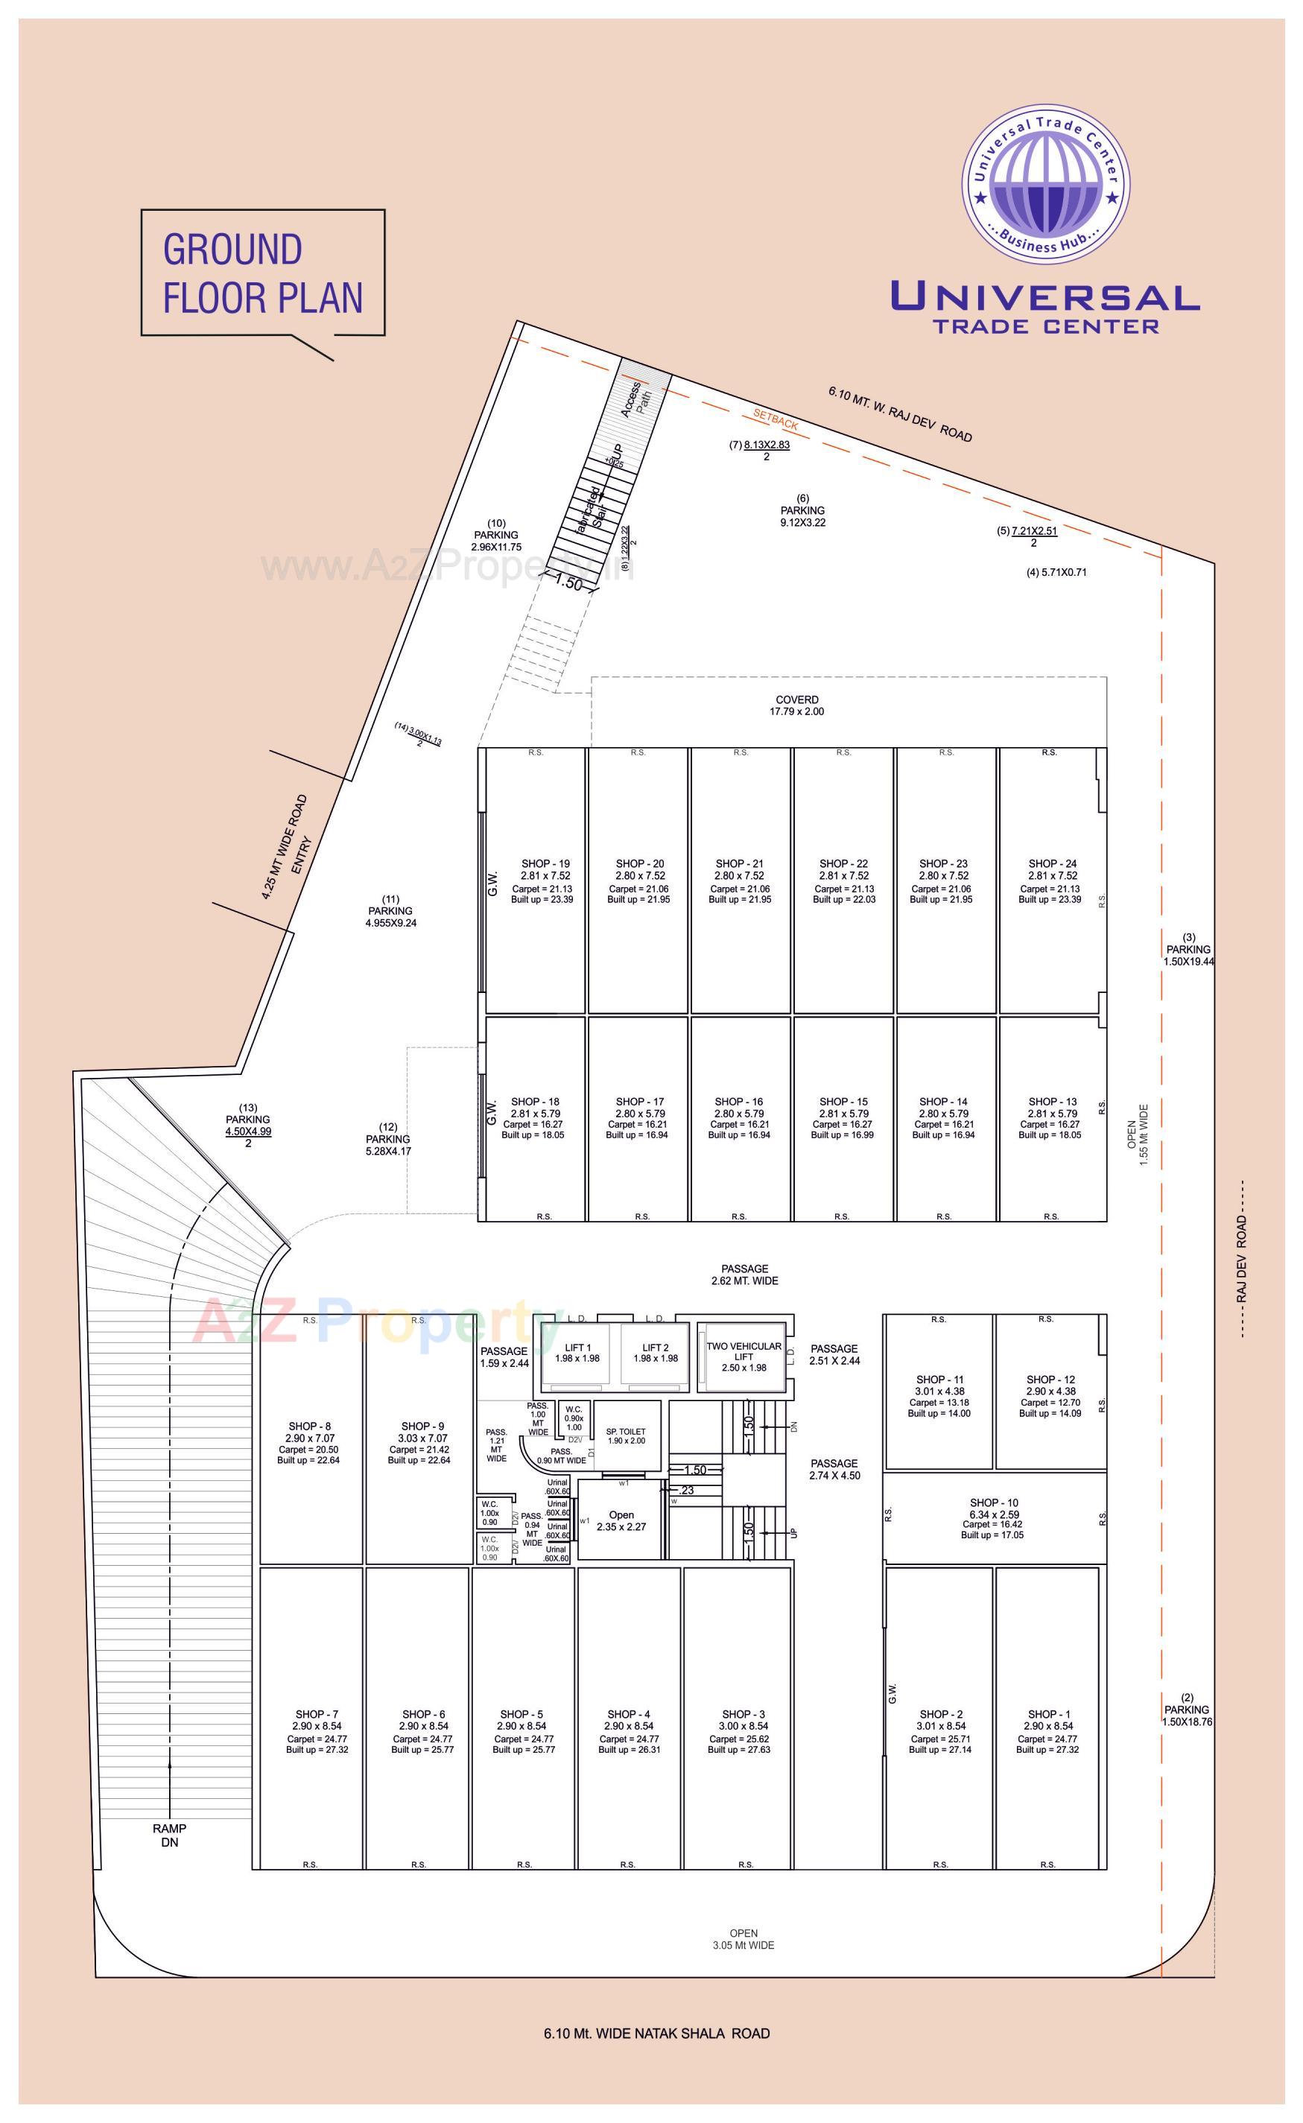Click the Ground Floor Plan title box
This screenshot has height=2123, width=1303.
tap(262, 273)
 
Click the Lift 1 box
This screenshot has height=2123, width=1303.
tap(577, 1354)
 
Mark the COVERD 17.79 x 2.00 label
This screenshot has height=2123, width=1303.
tap(796, 705)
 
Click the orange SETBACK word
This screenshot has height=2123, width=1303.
tap(776, 419)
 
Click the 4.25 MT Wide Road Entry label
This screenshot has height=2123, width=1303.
tap(286, 847)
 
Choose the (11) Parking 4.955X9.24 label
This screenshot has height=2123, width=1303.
tap(390, 911)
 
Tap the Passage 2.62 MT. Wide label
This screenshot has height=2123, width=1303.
tap(744, 1275)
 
